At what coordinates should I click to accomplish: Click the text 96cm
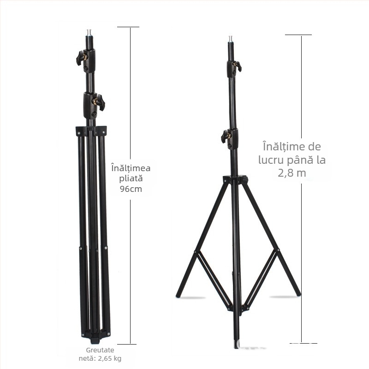[131, 189]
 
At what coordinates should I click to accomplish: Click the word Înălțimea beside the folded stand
[131, 167]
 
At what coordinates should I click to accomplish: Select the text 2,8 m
[292, 173]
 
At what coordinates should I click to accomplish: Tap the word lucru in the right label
[271, 161]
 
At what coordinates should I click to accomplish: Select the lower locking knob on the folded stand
[98, 101]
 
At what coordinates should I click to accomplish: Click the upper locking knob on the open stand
[237, 65]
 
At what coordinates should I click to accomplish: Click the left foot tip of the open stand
[179, 294]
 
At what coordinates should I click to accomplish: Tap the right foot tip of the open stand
[298, 293]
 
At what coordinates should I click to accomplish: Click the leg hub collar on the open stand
[235, 179]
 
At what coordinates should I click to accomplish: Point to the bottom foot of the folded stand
[95, 341]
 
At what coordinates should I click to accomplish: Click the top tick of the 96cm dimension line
[128, 27]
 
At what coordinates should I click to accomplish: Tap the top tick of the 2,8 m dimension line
[298, 35]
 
